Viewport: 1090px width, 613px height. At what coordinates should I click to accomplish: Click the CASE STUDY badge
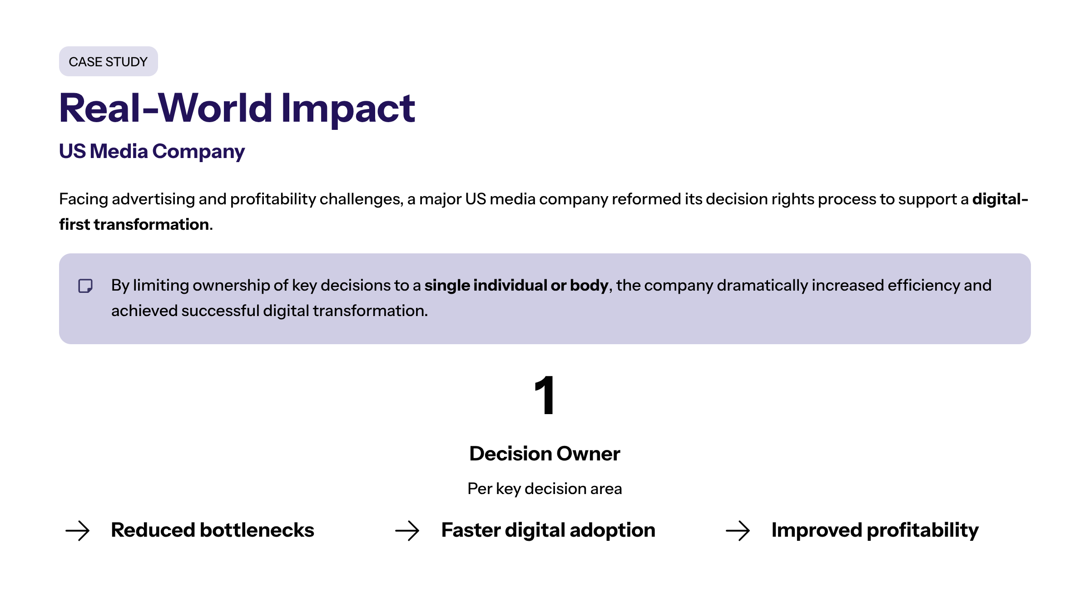click(109, 61)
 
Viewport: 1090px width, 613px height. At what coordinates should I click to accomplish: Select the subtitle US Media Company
click(152, 152)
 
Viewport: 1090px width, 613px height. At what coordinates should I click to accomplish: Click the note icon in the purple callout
click(85, 286)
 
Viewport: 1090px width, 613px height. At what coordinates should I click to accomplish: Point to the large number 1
click(545, 395)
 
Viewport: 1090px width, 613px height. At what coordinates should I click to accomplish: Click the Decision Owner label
click(545, 454)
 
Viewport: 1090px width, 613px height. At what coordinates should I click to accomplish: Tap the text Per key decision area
click(545, 489)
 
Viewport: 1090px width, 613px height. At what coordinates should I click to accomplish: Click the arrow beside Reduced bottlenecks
click(78, 530)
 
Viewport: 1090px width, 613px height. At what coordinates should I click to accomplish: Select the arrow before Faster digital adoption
click(407, 530)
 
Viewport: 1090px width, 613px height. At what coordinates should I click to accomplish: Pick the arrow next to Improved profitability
click(738, 530)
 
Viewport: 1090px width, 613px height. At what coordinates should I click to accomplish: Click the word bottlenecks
click(257, 530)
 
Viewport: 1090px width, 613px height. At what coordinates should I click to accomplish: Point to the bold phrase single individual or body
click(516, 286)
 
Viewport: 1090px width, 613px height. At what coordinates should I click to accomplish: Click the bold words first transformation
click(134, 224)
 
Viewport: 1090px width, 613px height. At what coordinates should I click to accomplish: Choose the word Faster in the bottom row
click(471, 530)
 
